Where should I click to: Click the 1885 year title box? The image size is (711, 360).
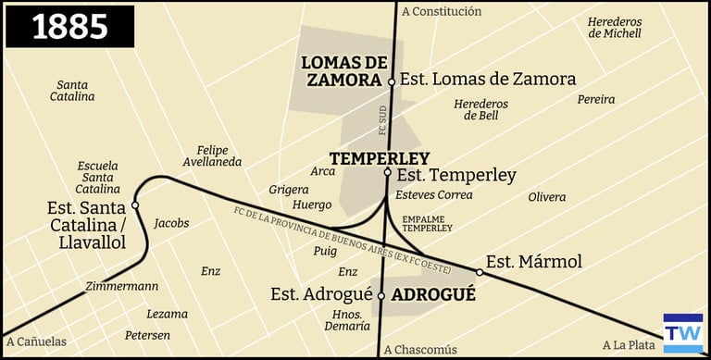pos(70,27)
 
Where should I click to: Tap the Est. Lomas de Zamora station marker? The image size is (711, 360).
pos(392,81)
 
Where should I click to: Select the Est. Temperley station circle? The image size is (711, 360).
pos(388,172)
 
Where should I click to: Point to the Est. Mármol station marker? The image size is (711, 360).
pos(480,272)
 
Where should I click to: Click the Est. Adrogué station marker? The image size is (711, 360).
pos(380,296)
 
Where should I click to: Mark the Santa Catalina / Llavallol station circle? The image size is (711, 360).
pos(135,205)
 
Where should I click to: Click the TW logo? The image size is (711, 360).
pos(682,333)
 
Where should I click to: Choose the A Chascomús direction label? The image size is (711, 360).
pos(420,349)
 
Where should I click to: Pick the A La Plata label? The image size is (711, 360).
pos(629,344)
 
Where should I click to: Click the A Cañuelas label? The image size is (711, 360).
pos(35,341)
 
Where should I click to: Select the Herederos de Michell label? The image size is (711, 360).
pos(614,27)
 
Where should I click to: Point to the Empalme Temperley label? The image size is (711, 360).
pos(428,223)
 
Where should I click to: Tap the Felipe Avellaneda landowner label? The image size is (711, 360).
pos(218,155)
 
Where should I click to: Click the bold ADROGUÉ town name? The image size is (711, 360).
pos(433,295)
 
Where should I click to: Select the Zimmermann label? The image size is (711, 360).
pos(121,286)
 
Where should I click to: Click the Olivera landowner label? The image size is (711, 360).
pos(546,197)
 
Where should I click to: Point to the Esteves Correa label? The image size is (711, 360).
pos(433,195)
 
